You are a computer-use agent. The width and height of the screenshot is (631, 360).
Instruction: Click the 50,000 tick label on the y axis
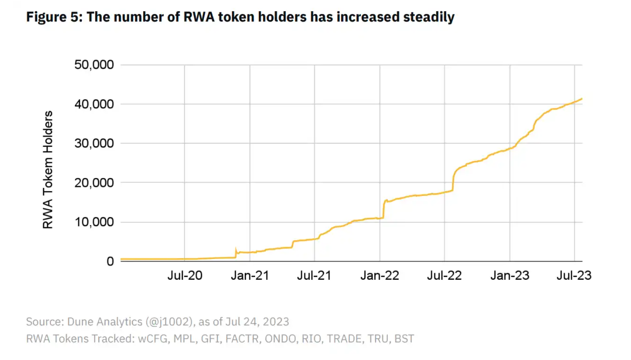pos(94,65)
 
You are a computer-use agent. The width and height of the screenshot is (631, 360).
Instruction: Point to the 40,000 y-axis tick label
pos(94,104)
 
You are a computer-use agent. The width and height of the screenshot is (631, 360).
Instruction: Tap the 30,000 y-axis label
pos(94,143)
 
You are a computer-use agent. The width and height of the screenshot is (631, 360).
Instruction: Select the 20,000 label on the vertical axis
pos(94,182)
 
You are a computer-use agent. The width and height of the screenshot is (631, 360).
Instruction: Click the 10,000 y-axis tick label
pos(94,222)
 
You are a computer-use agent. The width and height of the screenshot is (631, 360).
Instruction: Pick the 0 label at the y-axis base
pos(110,262)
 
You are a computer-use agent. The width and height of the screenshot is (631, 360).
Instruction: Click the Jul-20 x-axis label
pos(185,276)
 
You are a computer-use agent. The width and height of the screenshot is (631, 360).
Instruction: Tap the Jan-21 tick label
pos(250,276)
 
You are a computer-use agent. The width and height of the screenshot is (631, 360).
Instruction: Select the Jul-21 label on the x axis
pos(314,276)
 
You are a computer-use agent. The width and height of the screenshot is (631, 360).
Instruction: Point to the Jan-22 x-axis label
pos(380,276)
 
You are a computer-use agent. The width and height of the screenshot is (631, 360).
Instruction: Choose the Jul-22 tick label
pos(445,276)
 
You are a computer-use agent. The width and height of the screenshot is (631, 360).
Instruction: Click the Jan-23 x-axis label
pos(510,276)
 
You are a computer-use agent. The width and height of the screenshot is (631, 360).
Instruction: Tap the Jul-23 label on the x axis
pos(574,276)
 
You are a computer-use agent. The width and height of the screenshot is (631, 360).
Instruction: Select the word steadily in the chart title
pos(429,17)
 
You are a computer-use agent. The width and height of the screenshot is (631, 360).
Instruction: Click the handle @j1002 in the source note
pos(169,322)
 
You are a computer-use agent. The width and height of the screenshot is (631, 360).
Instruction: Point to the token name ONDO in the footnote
pos(280,339)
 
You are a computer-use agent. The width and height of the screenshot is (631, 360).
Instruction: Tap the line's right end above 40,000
pos(582,98)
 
